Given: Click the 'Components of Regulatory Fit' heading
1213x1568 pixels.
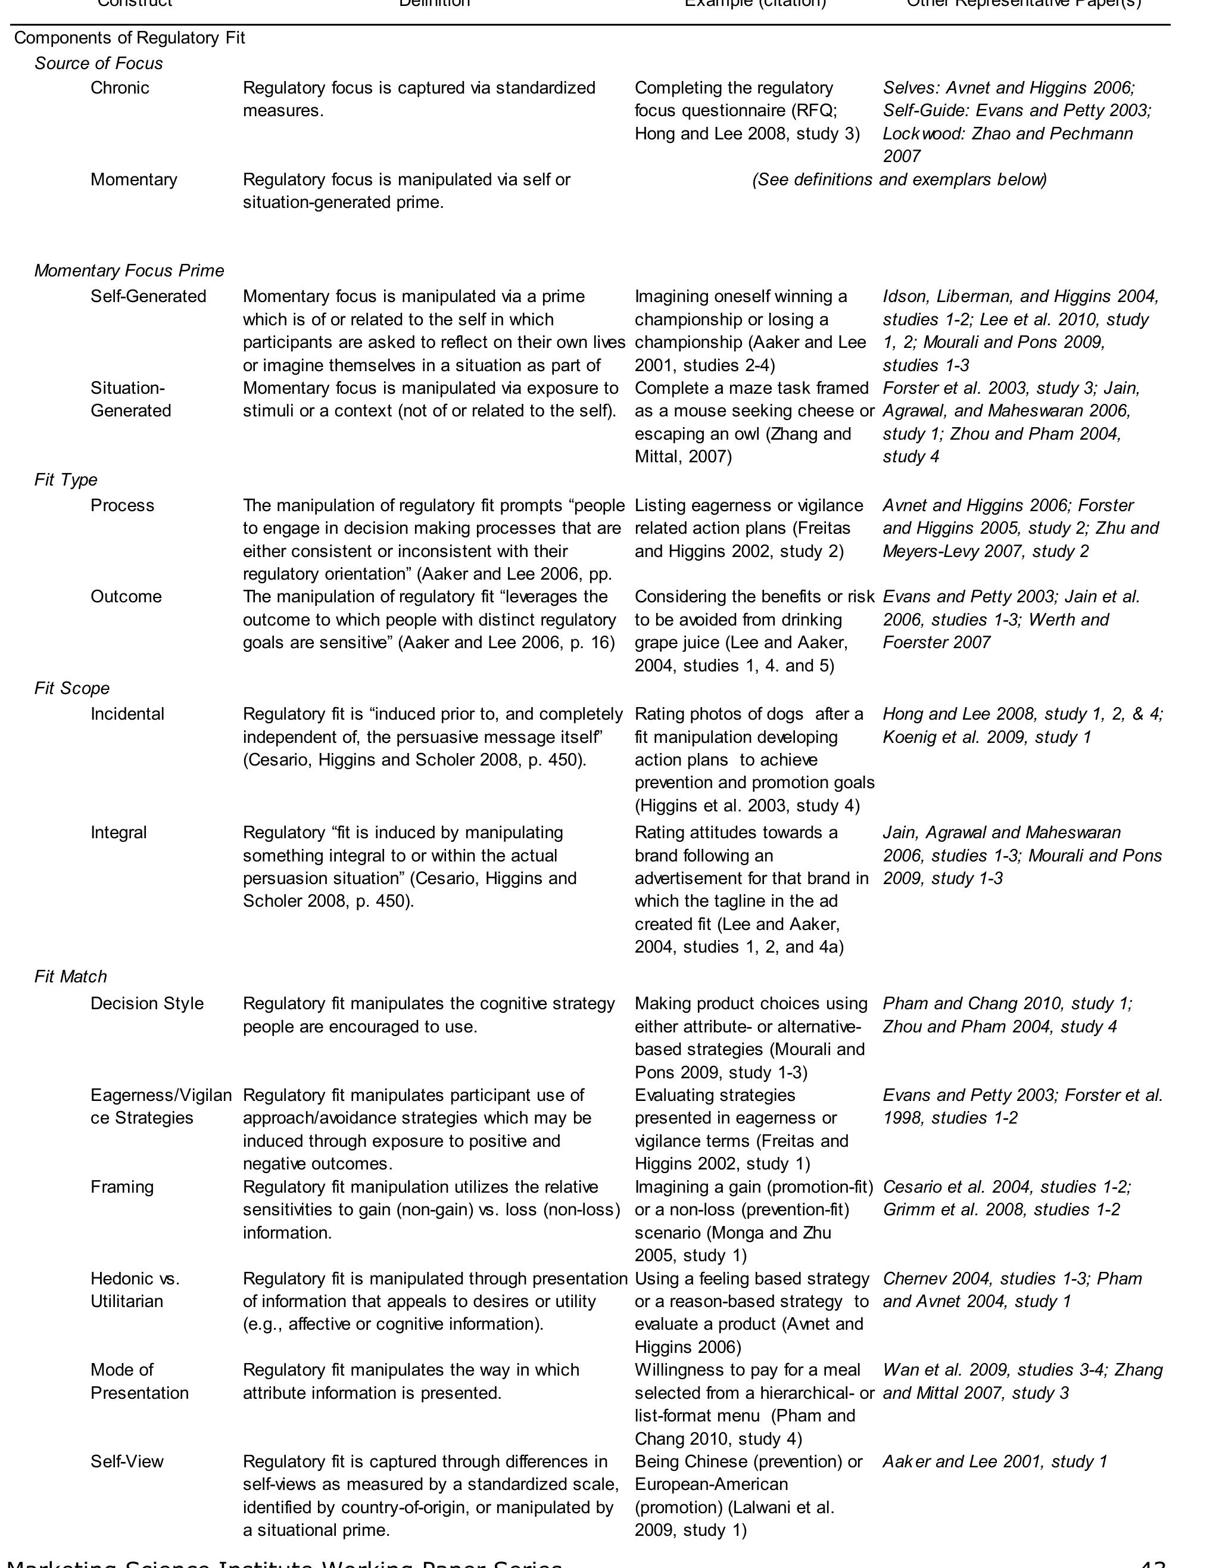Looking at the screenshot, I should click(x=130, y=38).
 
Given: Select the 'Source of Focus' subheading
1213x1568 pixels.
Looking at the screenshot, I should click(x=98, y=64).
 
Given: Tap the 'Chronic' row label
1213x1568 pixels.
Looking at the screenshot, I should click(x=120, y=88).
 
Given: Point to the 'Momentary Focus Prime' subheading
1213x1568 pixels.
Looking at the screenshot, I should click(x=129, y=270).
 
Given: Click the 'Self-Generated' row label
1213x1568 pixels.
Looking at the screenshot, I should click(x=148, y=297).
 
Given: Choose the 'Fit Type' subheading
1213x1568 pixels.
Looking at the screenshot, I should click(x=66, y=480).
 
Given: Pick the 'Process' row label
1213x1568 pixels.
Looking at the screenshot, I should click(x=122, y=505).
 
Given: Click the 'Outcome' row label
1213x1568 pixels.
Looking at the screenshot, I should click(x=126, y=596).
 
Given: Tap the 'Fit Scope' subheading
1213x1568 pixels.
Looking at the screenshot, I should click(x=72, y=689).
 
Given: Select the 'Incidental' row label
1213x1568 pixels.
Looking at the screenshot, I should click(x=127, y=714).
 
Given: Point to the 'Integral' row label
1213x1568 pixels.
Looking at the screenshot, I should click(x=119, y=833).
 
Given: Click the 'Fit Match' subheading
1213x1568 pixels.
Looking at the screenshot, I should click(x=70, y=977).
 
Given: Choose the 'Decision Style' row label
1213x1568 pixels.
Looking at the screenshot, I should click(x=146, y=1004).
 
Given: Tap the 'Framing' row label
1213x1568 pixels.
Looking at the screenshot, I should click(x=121, y=1187).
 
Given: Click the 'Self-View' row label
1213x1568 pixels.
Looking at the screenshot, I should click(x=126, y=1462).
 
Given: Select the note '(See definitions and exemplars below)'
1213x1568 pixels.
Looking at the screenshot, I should click(x=899, y=179).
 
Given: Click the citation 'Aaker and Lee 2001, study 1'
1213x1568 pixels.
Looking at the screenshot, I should click(x=995, y=1462).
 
